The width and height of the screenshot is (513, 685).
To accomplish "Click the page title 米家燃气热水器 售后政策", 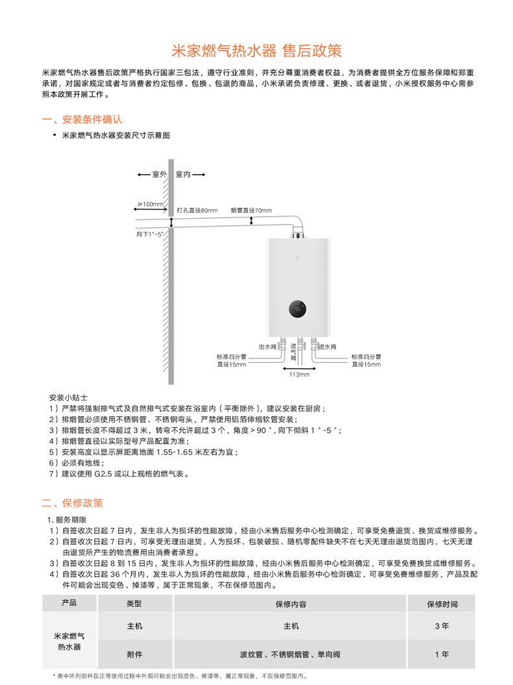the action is click(256, 51).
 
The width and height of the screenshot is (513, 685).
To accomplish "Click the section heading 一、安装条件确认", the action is click(82, 119).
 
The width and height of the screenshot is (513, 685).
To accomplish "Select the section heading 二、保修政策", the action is click(72, 503).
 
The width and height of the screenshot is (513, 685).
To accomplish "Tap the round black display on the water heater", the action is click(298, 309).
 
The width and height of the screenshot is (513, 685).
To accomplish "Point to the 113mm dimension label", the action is click(299, 375).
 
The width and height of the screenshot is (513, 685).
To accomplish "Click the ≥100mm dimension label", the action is click(150, 204).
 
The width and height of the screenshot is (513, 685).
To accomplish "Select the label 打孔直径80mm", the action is click(197, 210).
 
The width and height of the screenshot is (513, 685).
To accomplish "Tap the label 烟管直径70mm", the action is click(251, 210).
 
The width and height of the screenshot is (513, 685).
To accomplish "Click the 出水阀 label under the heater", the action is click(268, 347).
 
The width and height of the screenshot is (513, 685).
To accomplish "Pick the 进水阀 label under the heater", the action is click(327, 347).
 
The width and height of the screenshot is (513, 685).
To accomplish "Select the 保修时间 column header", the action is click(442, 603).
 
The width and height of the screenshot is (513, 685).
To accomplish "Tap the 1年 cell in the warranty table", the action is click(442, 654).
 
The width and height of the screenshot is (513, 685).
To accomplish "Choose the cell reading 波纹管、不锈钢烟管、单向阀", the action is click(290, 654).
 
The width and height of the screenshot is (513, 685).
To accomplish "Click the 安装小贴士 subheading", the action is click(68, 396).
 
